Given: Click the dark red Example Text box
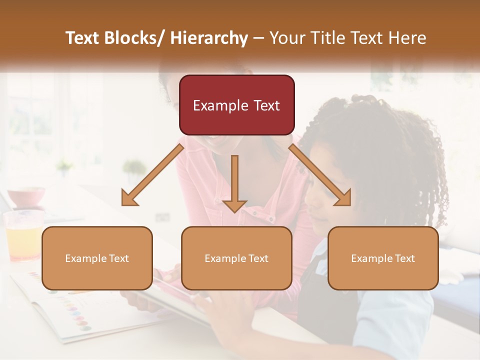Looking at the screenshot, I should [236, 105].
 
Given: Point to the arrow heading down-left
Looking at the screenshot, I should [152, 175].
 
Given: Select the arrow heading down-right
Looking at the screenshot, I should [320, 175].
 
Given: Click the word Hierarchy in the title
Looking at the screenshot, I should [209, 38].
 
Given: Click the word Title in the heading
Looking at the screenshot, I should [327, 38].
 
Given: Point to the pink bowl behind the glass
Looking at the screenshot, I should [26, 196].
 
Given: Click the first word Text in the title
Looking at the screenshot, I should [83, 38].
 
